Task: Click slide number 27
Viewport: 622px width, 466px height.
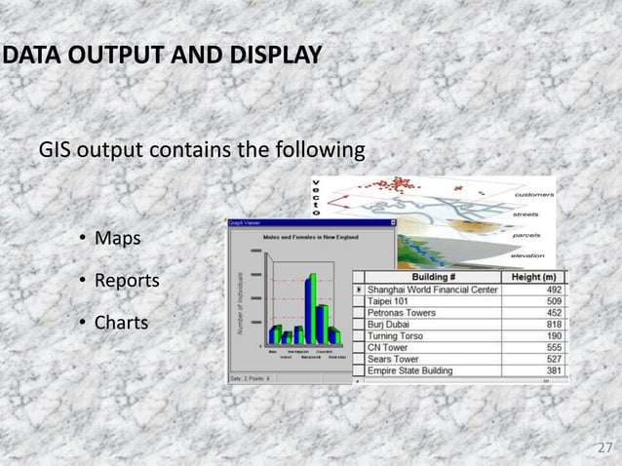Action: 604,447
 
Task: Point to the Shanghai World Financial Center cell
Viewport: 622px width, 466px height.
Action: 432,290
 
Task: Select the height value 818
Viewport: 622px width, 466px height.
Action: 552,325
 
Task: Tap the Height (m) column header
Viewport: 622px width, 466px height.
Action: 535,277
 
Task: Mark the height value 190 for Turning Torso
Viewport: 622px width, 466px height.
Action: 552,336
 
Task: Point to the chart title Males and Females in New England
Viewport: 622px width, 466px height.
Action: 310,237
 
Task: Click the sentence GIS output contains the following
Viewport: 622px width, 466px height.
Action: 202,151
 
